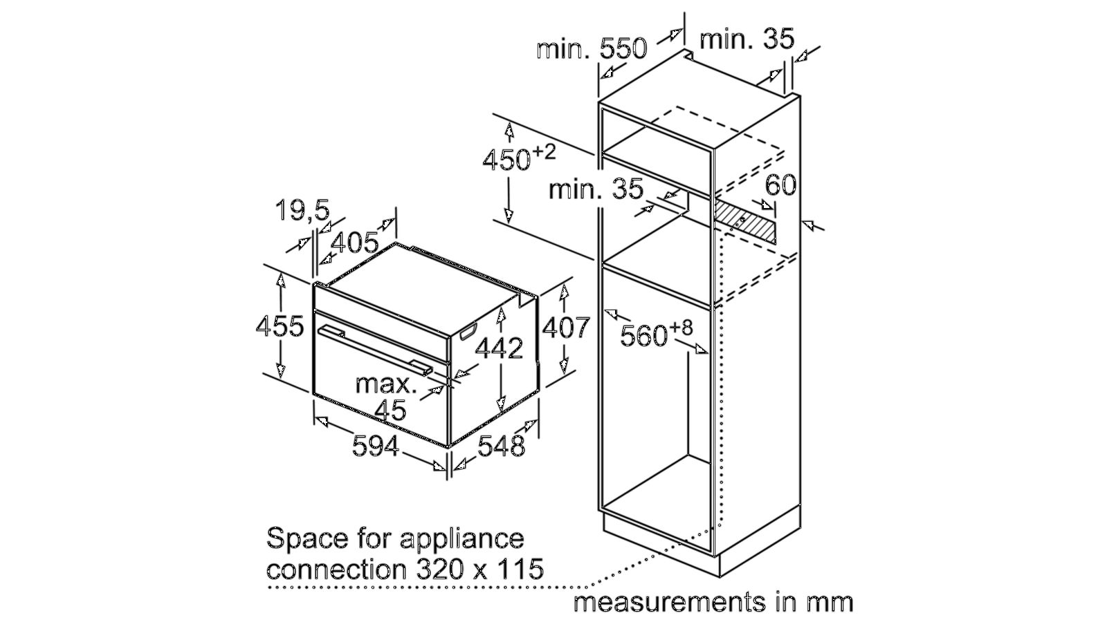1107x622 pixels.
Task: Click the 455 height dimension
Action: (280, 326)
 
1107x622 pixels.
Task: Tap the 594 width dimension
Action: (376, 446)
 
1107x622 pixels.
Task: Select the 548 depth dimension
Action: (502, 446)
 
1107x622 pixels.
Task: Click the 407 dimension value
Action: (565, 327)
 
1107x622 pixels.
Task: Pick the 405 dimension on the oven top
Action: (355, 243)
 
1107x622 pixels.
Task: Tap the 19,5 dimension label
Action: (302, 209)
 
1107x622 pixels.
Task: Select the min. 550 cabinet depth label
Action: (592, 48)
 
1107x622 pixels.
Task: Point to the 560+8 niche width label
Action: (656, 334)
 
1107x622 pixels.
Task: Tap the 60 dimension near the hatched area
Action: (780, 185)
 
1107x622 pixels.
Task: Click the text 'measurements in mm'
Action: (713, 601)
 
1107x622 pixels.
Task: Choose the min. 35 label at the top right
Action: (747, 39)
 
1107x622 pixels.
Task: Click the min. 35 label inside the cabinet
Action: (596, 188)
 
